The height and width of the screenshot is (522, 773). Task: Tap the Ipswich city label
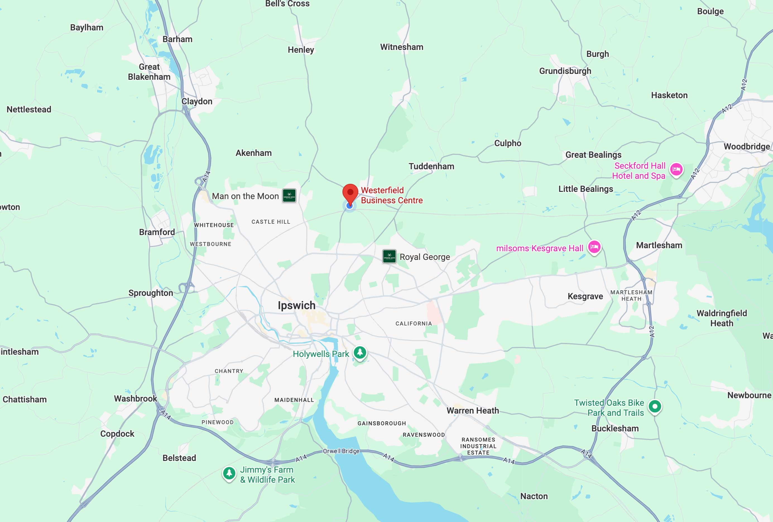coord(296,305)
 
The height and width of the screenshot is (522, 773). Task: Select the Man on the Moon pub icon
coord(289,195)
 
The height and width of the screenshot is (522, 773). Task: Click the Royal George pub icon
coord(389,256)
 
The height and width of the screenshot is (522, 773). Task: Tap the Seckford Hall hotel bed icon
coord(676,170)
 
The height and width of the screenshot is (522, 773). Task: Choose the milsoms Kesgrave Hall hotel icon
coord(594,247)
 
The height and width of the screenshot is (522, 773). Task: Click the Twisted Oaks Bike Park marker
coord(655,406)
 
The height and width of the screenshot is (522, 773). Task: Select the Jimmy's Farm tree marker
coord(229,473)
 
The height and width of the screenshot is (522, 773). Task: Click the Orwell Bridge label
coord(341,451)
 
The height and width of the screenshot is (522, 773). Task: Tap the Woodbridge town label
coord(746,146)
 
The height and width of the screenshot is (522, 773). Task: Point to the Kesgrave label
coord(585,296)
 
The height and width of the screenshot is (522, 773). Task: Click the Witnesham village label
coord(402,47)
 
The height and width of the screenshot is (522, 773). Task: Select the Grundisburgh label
coord(565,71)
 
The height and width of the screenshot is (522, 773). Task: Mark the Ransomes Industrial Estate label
coord(478,446)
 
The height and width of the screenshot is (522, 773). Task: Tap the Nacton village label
coord(534,496)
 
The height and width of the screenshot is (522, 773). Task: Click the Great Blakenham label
coord(149,72)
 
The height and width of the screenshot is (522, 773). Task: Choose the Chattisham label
coord(25,399)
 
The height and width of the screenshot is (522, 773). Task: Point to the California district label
coord(414,323)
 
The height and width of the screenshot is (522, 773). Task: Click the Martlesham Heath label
coord(631,295)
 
